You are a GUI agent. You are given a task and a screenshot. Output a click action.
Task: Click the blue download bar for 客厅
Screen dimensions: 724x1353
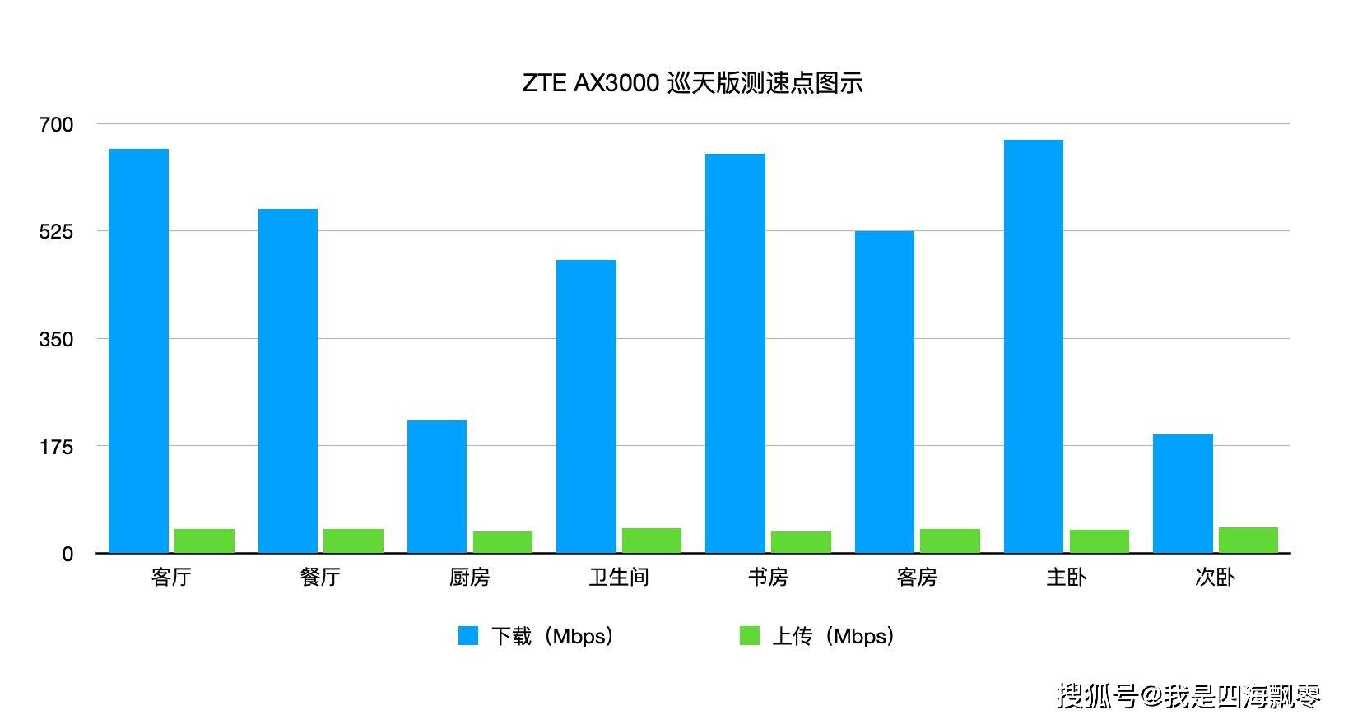138,350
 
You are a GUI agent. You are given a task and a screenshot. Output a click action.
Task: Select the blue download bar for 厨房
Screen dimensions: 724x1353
436,486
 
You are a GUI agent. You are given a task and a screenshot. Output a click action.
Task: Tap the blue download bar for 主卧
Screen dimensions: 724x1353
1033,346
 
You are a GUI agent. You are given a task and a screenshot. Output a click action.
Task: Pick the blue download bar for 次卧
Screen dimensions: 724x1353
1183,494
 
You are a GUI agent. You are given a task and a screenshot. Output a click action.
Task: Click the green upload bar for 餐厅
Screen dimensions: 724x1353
353,541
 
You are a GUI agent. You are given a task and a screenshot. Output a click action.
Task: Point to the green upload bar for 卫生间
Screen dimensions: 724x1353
652,541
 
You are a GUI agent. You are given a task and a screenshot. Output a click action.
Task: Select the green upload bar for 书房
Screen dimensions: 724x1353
801,542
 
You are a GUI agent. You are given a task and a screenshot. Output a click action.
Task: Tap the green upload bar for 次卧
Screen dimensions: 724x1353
1248,540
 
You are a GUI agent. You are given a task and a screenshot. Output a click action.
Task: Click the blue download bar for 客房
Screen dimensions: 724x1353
884,392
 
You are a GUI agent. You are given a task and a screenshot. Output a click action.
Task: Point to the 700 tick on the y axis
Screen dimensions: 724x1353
56,125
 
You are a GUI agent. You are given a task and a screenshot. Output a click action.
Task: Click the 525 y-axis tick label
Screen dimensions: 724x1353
56,232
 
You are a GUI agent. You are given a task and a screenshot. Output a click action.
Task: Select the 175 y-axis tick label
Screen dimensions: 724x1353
56,447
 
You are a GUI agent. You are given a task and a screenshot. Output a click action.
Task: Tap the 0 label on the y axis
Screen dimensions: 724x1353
67,555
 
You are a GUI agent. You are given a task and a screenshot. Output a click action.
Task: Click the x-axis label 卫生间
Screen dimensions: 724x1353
619,578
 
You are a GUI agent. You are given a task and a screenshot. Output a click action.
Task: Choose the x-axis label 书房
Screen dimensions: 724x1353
768,578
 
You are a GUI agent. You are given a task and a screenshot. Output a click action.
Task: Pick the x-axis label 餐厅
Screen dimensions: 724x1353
320,578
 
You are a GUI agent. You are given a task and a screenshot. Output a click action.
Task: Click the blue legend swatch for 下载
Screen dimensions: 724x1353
468,636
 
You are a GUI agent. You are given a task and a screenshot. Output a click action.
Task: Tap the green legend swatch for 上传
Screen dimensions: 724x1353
749,636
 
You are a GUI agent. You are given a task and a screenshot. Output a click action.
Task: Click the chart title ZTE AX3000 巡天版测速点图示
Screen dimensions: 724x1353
692,84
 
